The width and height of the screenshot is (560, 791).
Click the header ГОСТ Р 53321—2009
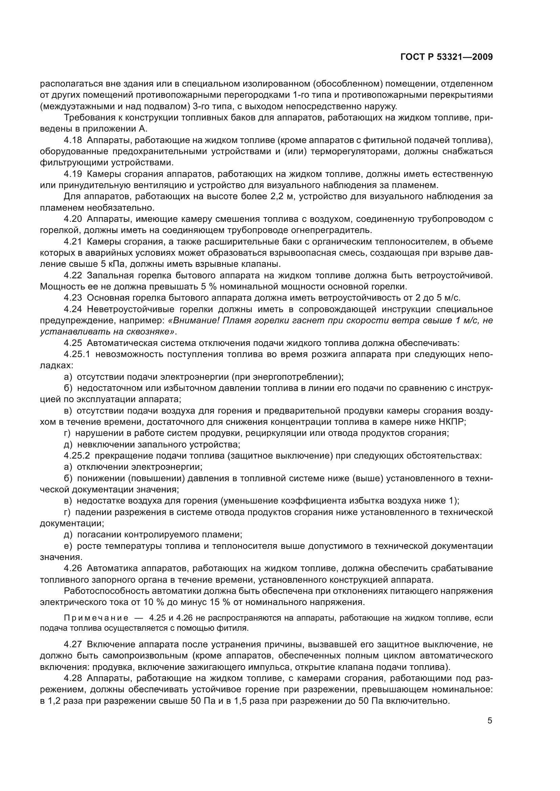[x=447, y=57]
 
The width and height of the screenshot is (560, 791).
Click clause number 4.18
[x=73, y=140]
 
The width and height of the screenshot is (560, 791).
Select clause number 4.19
[x=73, y=174]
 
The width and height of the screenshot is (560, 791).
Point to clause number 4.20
[x=73, y=219]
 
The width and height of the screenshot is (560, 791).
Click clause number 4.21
[x=73, y=241]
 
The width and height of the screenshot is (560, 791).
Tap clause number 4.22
[x=73, y=275]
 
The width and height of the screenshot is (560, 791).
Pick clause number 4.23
[x=73, y=298]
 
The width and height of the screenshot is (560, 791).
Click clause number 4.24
[x=73, y=309]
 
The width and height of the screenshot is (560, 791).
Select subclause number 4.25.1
[x=77, y=354]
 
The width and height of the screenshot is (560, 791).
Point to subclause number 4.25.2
[x=77, y=456]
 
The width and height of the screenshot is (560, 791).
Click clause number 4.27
[x=73, y=644]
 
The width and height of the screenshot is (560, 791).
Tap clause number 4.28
[x=73, y=678]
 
